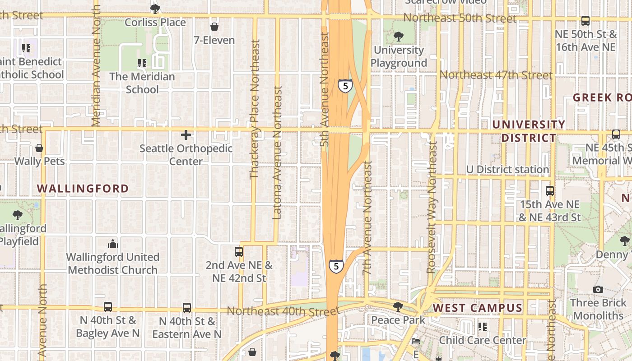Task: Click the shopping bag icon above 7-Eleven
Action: pyautogui.click(x=214, y=27)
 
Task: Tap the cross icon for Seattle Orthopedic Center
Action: pyautogui.click(x=186, y=135)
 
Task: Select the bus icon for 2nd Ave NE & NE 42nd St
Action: pyautogui.click(x=239, y=252)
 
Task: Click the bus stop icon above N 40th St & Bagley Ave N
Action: pyautogui.click(x=108, y=307)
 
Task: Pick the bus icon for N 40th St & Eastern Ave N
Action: pyautogui.click(x=187, y=308)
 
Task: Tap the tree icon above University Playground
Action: pyautogui.click(x=398, y=37)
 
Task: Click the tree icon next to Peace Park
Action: pyautogui.click(x=398, y=307)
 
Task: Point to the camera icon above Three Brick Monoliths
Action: pyautogui.click(x=598, y=289)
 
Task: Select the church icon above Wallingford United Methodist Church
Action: pyautogui.click(x=113, y=244)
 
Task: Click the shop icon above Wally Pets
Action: pyautogui.click(x=39, y=148)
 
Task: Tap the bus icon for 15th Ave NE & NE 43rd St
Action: pyautogui.click(x=549, y=191)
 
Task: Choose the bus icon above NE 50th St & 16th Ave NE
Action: pyautogui.click(x=586, y=21)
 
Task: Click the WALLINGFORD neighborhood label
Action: pyautogui.click(x=83, y=189)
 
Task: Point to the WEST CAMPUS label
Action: pyautogui.click(x=478, y=308)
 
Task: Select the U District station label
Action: pyautogui.click(x=507, y=170)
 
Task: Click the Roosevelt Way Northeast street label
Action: pyautogui.click(x=432, y=208)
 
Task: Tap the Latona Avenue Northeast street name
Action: pyautogui.click(x=278, y=153)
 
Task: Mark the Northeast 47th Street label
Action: pyautogui.click(x=496, y=75)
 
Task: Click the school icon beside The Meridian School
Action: pyautogui.click(x=142, y=63)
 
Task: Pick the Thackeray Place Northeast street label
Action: pyautogui.click(x=255, y=109)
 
